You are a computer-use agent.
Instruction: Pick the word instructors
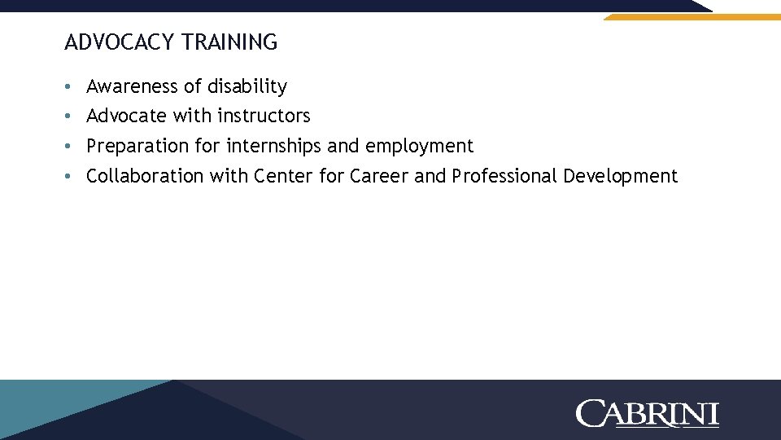[x=264, y=117]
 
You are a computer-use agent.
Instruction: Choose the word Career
[x=379, y=176]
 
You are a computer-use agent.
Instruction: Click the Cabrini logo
[x=648, y=413]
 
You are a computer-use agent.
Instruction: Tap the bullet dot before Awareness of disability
[x=71, y=87]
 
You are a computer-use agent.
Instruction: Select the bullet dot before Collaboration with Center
[x=71, y=177]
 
